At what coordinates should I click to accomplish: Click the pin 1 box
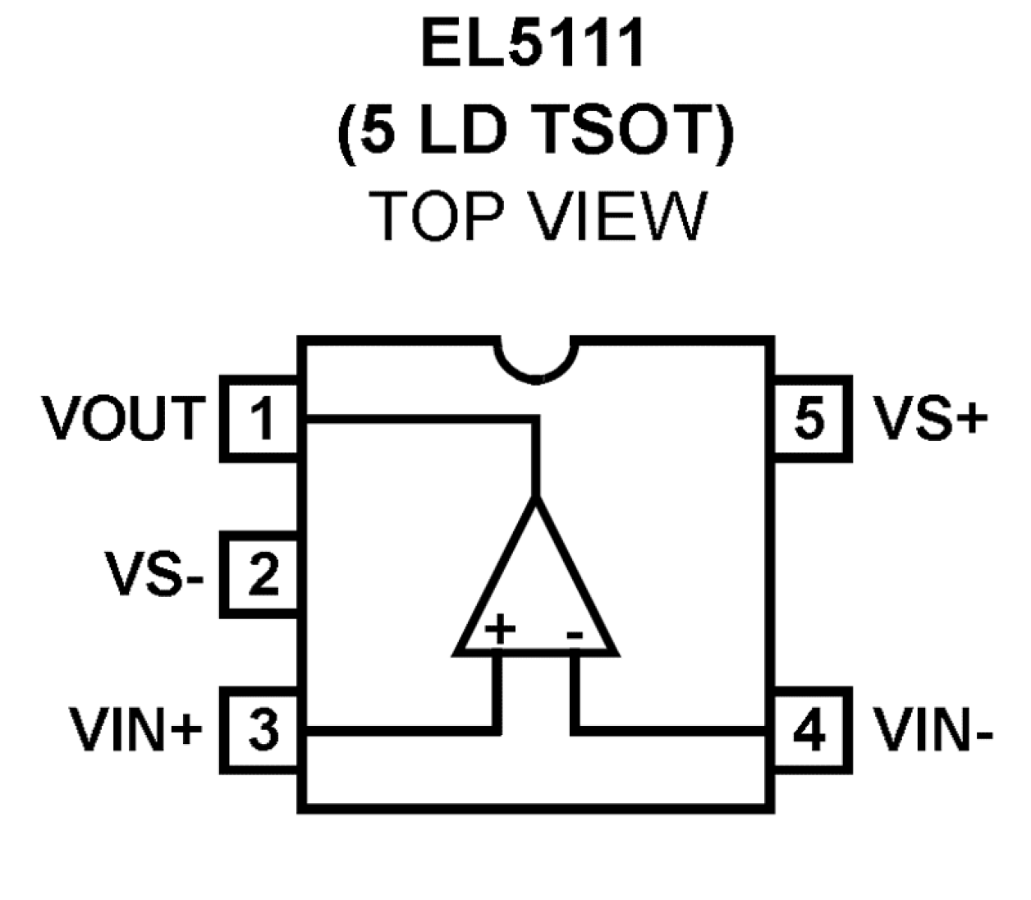tap(260, 419)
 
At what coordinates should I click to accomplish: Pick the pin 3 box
tap(261, 729)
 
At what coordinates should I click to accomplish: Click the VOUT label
tap(124, 418)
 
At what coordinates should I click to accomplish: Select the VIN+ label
tap(135, 729)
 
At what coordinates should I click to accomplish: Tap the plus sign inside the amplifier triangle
tap(499, 631)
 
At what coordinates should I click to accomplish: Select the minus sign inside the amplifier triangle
tap(575, 632)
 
